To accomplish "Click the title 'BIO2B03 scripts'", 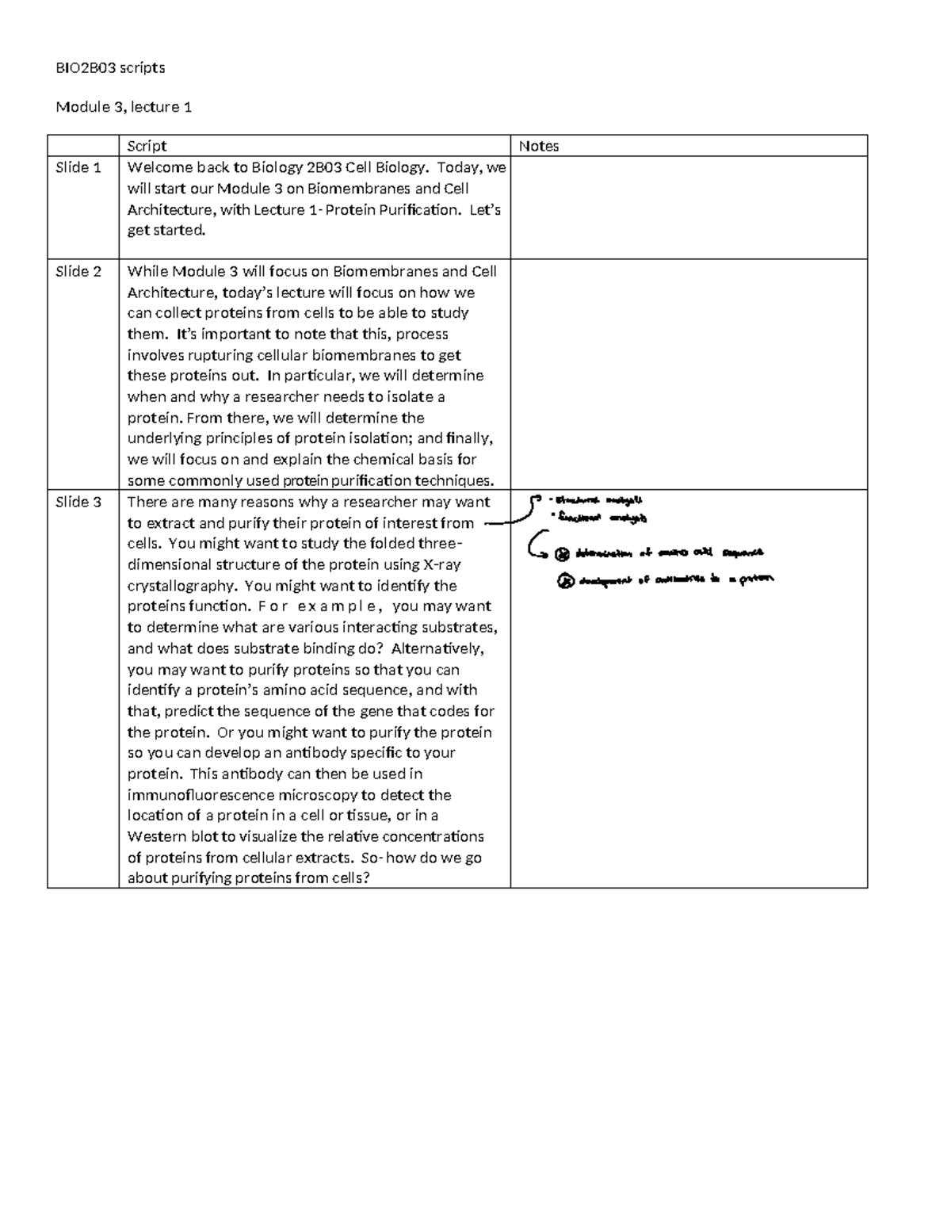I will (110, 68).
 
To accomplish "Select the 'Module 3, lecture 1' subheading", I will (124, 107).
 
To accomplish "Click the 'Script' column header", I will (147, 146).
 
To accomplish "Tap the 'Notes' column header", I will (539, 146).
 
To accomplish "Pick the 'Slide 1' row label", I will (78, 167).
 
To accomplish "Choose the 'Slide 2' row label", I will (78, 271).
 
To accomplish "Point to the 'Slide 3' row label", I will (78, 502).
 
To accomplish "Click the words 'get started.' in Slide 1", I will (166, 231).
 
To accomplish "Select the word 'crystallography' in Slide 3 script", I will (181, 586).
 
